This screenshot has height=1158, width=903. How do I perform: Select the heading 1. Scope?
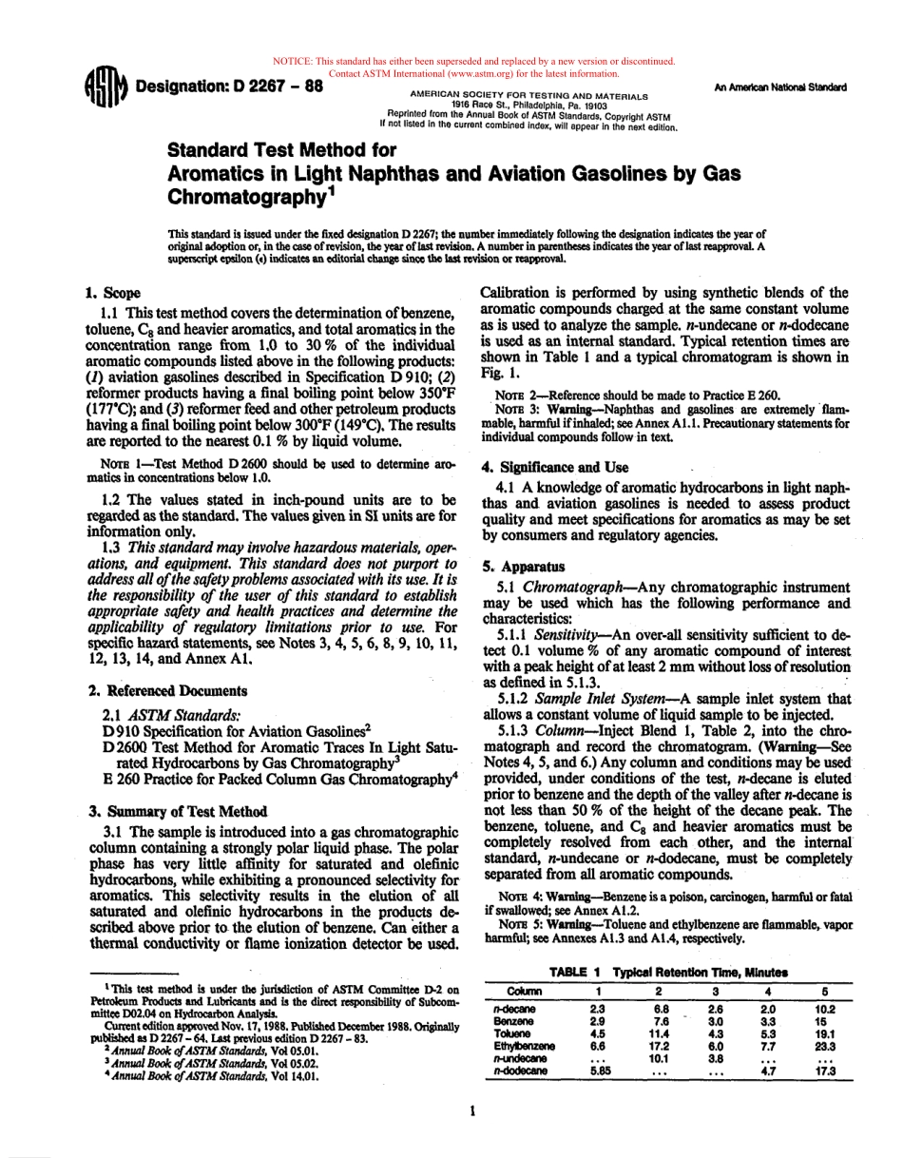(x=112, y=294)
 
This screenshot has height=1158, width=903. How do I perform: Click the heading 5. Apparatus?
(x=522, y=566)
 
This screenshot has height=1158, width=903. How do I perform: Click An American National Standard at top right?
(x=779, y=87)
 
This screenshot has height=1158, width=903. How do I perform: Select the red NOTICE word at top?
(x=292, y=62)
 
